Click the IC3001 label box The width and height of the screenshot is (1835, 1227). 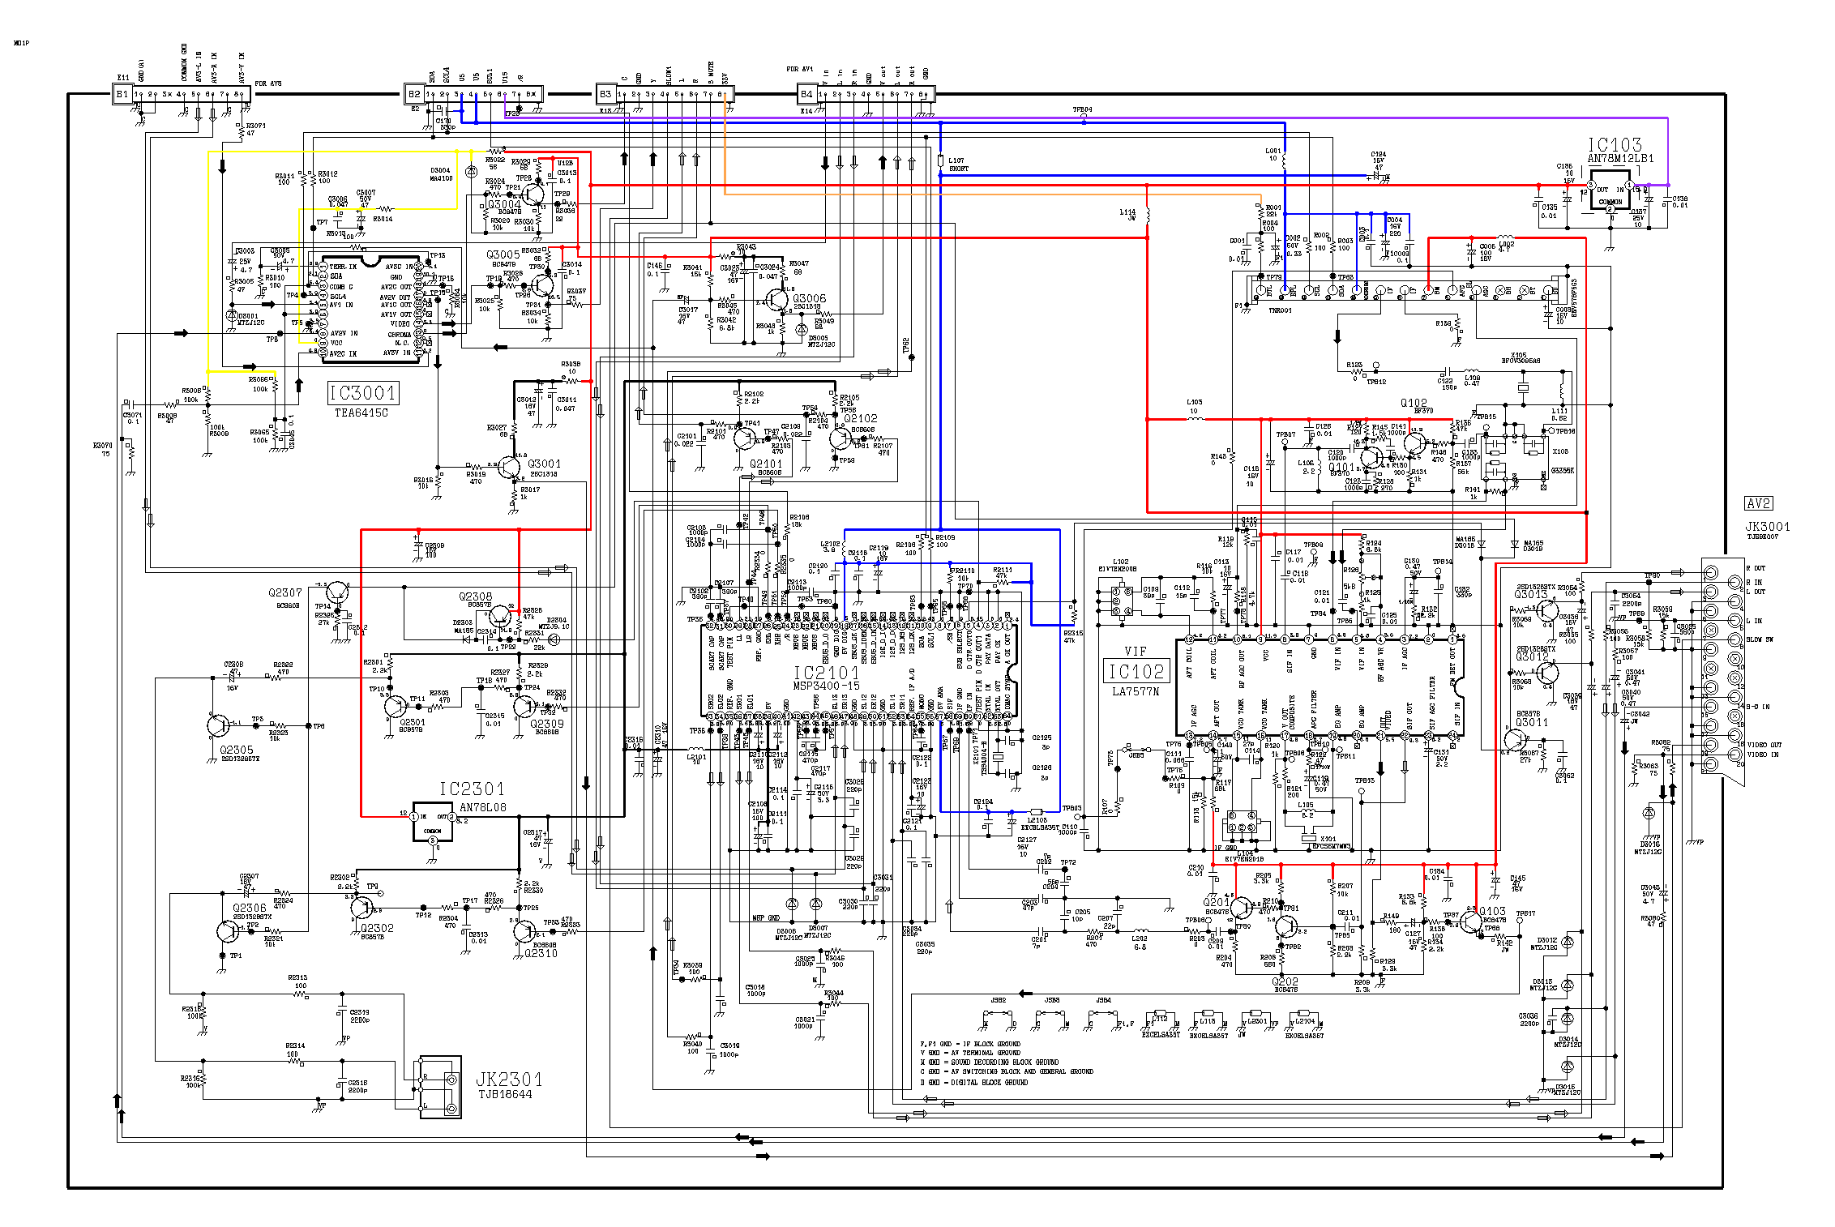point(362,393)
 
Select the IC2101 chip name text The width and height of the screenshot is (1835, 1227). point(825,673)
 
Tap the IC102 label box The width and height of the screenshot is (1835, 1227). point(1136,671)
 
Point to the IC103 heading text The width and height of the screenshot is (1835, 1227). point(1614,144)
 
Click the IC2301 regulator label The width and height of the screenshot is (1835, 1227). point(472,789)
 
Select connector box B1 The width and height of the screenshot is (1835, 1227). point(122,94)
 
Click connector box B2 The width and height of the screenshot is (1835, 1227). point(414,94)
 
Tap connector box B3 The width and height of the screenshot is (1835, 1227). point(605,94)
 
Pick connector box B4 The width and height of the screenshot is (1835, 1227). point(806,94)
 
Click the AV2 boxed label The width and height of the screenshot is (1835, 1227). point(1758,503)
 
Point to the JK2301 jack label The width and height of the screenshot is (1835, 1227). point(508,1079)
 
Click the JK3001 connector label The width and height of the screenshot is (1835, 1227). point(1767,526)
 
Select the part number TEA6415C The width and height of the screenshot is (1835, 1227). point(361,413)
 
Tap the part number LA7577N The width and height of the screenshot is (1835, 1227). point(1136,691)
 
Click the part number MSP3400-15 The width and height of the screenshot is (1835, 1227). point(825,686)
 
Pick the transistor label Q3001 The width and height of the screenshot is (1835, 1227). point(544,464)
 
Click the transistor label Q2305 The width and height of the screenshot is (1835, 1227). point(237,750)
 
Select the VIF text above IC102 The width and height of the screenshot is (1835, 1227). point(1136,651)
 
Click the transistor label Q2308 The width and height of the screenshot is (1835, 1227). point(475,596)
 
